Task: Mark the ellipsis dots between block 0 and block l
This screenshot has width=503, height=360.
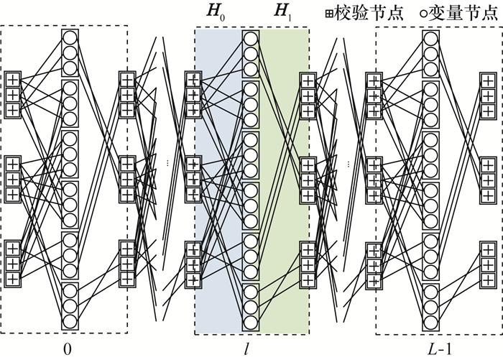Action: click(x=167, y=164)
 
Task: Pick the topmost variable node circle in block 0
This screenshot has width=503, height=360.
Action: click(x=70, y=37)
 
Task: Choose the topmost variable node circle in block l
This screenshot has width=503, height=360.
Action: click(x=251, y=37)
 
